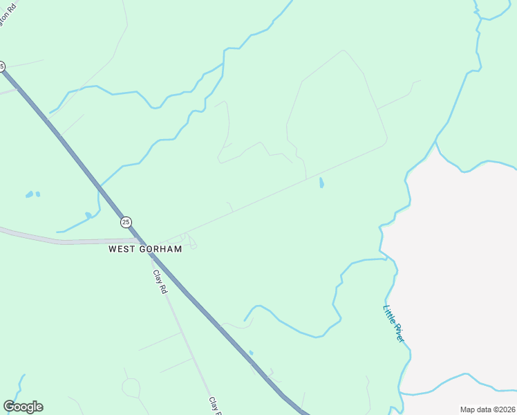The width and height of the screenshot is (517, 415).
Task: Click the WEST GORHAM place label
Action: (x=145, y=249)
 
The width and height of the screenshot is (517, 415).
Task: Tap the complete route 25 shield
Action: (x=125, y=222)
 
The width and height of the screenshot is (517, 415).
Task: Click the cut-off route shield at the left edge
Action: (x=1, y=66)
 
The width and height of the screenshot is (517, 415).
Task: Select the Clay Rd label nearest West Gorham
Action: (x=160, y=282)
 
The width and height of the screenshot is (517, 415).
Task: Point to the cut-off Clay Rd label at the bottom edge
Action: (x=214, y=405)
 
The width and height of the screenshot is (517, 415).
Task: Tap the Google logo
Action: (x=23, y=407)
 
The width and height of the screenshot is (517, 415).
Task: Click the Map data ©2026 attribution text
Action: (x=488, y=409)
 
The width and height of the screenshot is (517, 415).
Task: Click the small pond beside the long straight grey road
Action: (x=321, y=183)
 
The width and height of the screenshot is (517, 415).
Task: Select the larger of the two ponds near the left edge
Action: (x=29, y=195)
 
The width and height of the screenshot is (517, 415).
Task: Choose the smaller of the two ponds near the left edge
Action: (x=37, y=194)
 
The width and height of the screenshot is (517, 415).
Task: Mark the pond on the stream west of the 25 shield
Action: (x=88, y=216)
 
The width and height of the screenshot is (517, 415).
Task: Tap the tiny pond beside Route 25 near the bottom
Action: (x=251, y=353)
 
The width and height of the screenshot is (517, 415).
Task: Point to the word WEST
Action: (x=120, y=249)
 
